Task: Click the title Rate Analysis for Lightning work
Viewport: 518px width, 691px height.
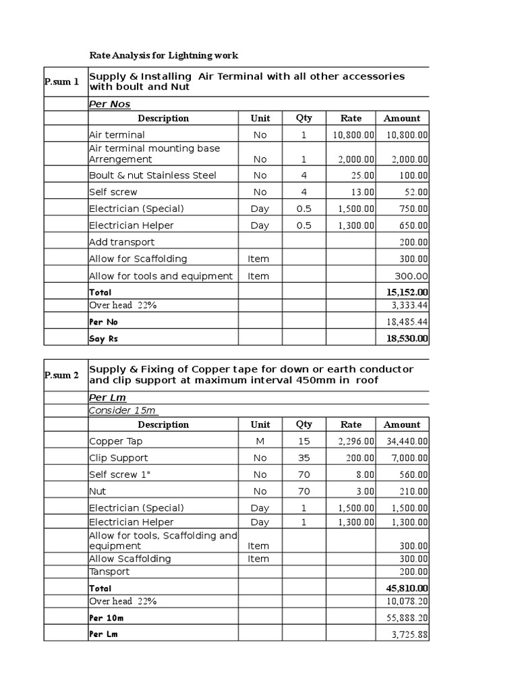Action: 164,55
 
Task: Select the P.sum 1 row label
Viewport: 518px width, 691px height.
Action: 61,82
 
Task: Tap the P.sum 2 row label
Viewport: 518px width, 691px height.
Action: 61,375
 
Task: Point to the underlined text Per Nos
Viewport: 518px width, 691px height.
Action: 110,104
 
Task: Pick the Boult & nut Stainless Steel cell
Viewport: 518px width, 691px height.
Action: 152,175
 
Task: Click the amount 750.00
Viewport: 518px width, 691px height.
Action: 413,209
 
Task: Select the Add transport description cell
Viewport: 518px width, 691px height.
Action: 121,242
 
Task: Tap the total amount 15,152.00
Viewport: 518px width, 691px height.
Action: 407,292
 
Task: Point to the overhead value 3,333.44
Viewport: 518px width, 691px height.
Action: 410,306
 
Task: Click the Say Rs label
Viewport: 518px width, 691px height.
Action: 103,339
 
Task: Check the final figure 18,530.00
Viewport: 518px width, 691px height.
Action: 407,339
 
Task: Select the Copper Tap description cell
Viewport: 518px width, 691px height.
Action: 115,441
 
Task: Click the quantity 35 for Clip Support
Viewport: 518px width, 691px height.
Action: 304,458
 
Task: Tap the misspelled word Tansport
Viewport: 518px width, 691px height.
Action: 109,572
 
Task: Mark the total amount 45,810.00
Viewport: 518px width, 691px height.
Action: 407,588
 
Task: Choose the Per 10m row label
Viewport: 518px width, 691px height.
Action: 106,618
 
